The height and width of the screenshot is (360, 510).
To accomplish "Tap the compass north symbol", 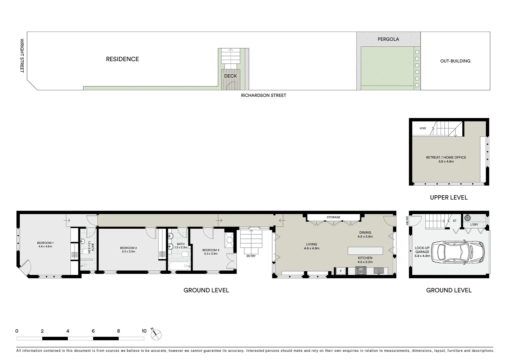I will pyautogui.click(x=156, y=334).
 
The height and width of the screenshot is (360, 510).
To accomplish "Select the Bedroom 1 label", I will pyautogui.click(x=45, y=245).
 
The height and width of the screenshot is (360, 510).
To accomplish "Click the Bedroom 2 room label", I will pyautogui.click(x=128, y=250).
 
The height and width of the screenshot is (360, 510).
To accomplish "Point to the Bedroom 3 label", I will pyautogui.click(x=210, y=252).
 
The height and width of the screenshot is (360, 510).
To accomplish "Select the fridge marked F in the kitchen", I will pyautogui.click(x=341, y=271).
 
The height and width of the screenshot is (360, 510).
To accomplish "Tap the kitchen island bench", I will pyautogui.click(x=365, y=251).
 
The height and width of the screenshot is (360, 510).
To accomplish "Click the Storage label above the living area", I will pyautogui.click(x=333, y=217).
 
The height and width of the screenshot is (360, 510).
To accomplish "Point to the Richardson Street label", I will pyautogui.click(x=264, y=95).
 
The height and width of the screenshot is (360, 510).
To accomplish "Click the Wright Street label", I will pyautogui.click(x=22, y=56).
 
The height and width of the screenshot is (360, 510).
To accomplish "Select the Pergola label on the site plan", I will pyautogui.click(x=388, y=39).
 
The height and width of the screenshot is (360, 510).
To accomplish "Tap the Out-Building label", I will pyautogui.click(x=455, y=61).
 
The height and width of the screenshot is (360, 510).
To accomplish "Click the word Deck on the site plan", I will pyautogui.click(x=230, y=76).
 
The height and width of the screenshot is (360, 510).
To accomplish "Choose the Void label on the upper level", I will pyautogui.click(x=423, y=128).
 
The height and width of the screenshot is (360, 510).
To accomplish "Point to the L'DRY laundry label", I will pyautogui.click(x=474, y=225).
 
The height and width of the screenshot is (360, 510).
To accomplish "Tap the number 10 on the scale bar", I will pyautogui.click(x=144, y=331).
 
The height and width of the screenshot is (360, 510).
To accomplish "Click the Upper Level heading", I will pyautogui.click(x=449, y=198).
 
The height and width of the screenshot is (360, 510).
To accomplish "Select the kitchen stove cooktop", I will pyautogui.click(x=361, y=271).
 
